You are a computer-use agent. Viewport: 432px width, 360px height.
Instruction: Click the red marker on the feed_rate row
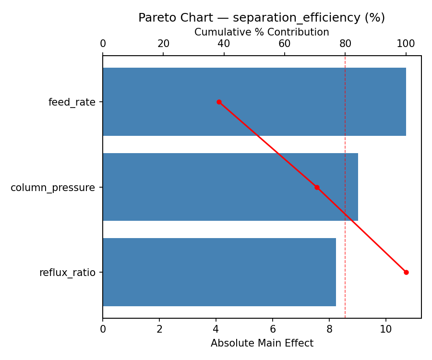click(x=219, y=102)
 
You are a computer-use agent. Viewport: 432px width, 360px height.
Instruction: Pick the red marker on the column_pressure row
click(x=317, y=187)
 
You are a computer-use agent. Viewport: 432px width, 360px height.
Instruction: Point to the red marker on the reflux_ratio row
click(x=406, y=272)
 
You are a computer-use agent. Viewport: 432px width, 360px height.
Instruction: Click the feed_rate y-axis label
click(x=72, y=102)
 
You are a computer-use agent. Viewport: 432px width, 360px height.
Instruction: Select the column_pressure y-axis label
click(x=53, y=187)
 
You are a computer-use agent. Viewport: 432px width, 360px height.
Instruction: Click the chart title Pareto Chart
click(x=262, y=18)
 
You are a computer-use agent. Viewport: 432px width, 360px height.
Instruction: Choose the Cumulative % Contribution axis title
click(x=262, y=32)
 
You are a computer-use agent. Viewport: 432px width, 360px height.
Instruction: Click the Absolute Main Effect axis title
click(x=262, y=343)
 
